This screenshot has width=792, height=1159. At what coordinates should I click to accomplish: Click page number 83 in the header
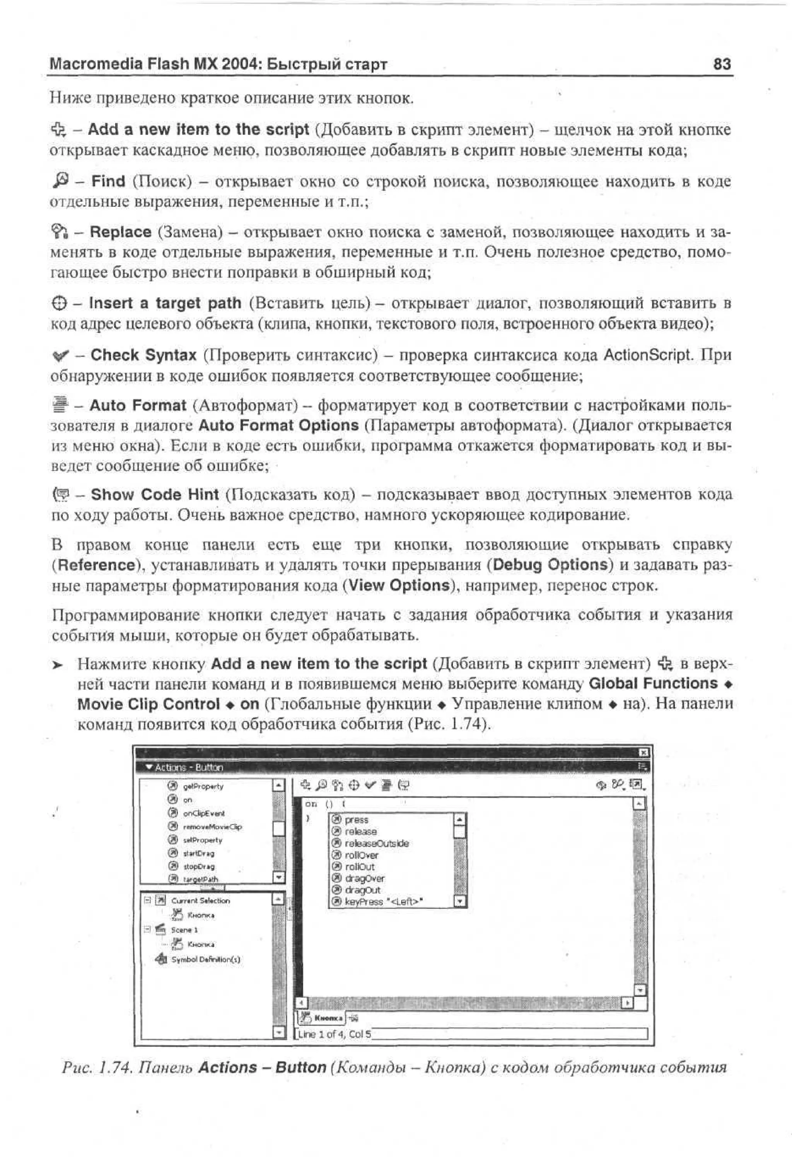click(722, 64)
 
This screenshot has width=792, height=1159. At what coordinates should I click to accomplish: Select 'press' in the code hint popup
click(356, 820)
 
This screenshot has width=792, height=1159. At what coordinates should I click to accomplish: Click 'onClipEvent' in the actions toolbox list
click(203, 813)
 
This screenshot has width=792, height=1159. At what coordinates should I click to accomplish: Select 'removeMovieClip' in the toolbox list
click(212, 827)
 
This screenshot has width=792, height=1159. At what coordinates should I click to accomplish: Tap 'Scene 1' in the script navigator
click(184, 930)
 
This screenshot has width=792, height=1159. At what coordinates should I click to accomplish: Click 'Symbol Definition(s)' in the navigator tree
click(205, 959)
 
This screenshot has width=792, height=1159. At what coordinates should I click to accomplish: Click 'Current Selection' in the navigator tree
click(200, 901)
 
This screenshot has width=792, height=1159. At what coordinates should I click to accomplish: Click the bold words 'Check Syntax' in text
click(143, 355)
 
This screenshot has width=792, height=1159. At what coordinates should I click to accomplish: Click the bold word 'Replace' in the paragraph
click(120, 232)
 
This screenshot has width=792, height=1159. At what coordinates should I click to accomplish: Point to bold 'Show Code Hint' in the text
click(155, 495)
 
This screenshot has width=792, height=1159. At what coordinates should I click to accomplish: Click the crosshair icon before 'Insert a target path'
click(59, 303)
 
